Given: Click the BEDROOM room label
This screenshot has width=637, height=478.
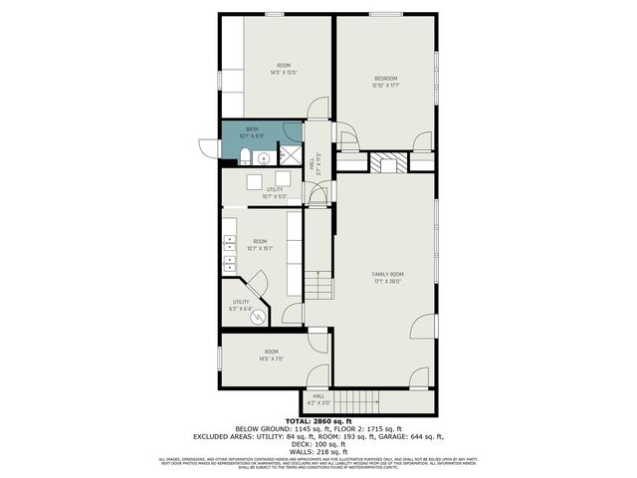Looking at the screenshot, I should [385, 78].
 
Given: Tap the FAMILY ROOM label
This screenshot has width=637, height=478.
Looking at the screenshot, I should [387, 273].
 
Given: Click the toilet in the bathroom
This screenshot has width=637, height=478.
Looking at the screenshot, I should [244, 155].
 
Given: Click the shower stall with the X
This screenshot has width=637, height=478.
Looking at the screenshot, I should [290, 154].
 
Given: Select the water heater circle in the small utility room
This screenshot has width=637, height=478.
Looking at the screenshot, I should [258, 318].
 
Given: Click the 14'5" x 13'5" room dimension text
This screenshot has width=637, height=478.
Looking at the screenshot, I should [284, 73].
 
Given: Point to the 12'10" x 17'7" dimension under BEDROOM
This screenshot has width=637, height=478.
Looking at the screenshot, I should [385, 86].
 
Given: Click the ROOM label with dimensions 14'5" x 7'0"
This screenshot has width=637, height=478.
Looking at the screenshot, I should [270, 355].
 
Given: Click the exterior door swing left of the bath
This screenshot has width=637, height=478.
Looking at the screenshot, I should [208, 147].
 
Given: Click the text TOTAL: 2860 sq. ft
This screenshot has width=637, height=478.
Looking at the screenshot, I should [318, 421].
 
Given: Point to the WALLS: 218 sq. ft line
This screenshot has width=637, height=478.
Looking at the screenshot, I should [318, 451].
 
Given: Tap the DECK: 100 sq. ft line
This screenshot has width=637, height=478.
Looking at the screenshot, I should [318, 444].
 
